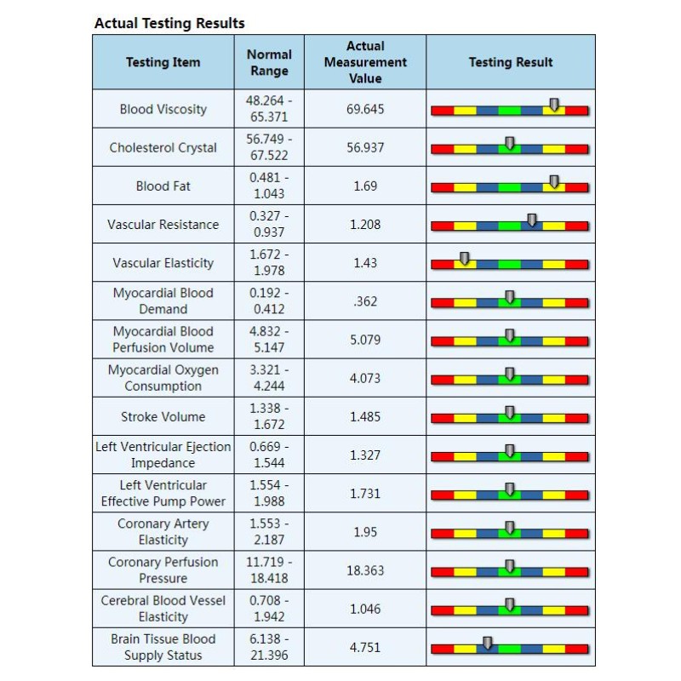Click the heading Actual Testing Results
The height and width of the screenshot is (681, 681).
click(x=169, y=23)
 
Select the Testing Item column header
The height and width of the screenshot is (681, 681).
click(x=163, y=62)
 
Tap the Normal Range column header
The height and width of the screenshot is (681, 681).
click(x=269, y=62)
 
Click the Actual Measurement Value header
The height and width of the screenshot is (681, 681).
click(x=365, y=62)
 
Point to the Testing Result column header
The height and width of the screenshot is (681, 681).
click(x=511, y=62)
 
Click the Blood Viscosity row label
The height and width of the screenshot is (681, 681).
click(x=163, y=109)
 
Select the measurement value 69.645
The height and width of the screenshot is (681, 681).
click(x=365, y=109)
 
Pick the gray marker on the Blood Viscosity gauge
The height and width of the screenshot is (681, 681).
click(x=554, y=105)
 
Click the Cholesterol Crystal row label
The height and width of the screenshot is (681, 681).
click(x=163, y=147)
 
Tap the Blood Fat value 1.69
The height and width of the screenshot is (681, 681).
click(x=365, y=186)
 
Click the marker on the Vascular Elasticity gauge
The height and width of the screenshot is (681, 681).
click(x=465, y=258)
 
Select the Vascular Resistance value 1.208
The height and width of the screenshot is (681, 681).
click(x=365, y=225)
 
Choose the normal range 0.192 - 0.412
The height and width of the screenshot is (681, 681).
click(x=269, y=301)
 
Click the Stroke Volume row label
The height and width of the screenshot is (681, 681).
click(x=163, y=417)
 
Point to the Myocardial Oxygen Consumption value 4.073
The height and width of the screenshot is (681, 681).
click(x=365, y=378)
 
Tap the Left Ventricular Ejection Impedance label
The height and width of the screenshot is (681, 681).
click(x=163, y=455)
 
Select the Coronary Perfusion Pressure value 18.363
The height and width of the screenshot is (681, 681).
click(x=365, y=570)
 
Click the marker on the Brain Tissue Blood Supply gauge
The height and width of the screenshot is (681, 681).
click(x=487, y=643)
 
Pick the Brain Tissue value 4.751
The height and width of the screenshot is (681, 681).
click(x=365, y=648)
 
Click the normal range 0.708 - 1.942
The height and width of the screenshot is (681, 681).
click(x=269, y=609)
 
